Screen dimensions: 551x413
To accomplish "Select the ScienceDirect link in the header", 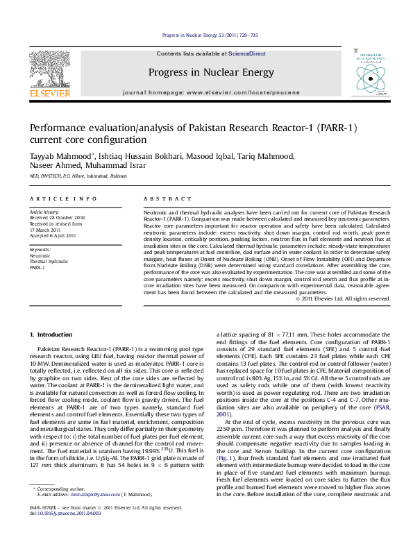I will (247, 53).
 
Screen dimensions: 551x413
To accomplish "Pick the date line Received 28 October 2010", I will (57, 217).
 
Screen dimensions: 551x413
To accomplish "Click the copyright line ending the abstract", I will (342, 298).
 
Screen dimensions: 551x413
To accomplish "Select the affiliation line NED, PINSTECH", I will (78, 176).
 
